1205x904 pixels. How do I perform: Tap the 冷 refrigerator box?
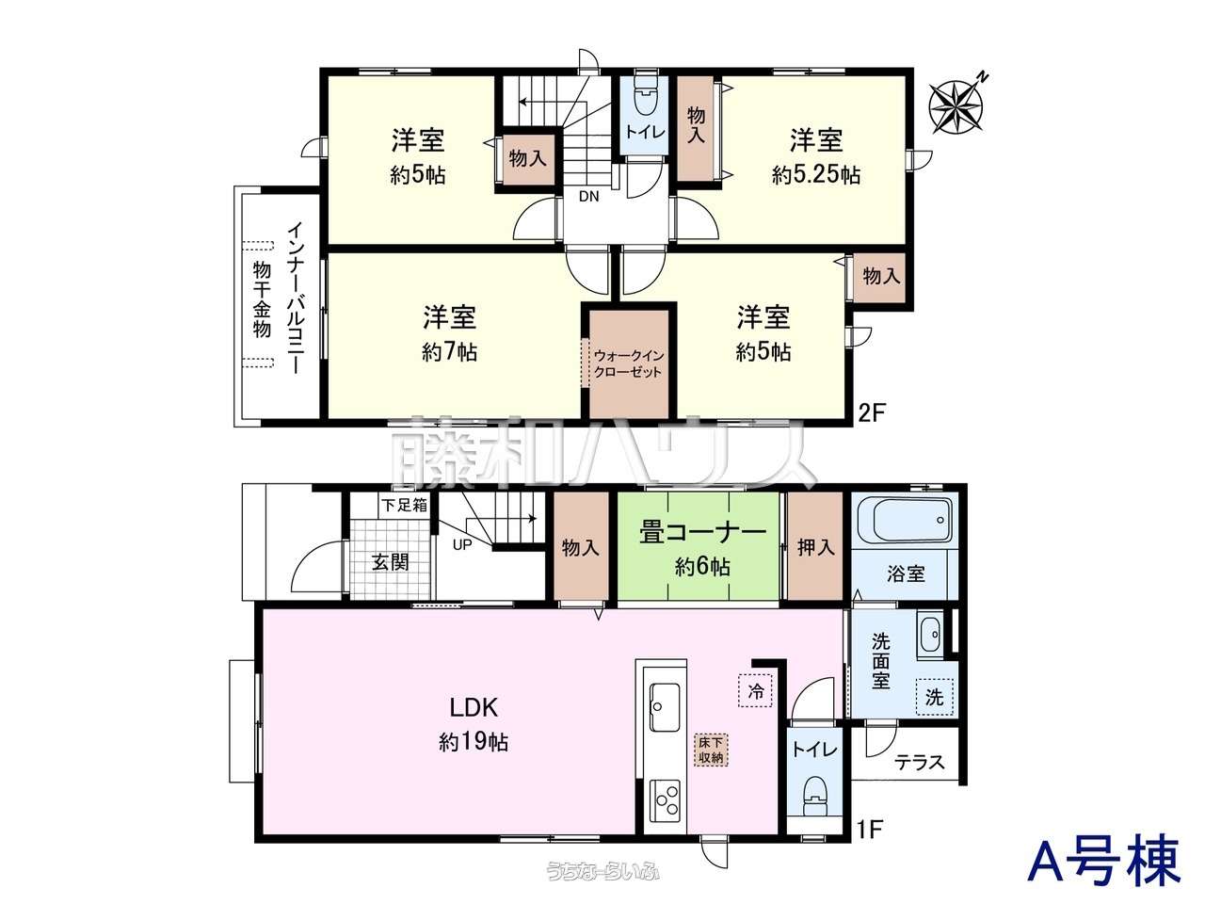(755, 690)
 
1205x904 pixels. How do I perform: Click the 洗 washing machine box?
(934, 697)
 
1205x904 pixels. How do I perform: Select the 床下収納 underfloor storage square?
(711, 750)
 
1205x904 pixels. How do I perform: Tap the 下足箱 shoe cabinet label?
(405, 505)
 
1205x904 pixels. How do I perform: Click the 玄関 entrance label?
(391, 562)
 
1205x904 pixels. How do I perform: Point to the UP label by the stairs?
(462, 545)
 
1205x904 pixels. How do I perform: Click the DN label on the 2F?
(589, 197)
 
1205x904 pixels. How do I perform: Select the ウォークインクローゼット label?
(629, 363)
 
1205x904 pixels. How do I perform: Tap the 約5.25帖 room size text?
(816, 175)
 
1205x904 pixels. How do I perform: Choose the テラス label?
(920, 762)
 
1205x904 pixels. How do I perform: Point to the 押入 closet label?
(816, 547)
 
